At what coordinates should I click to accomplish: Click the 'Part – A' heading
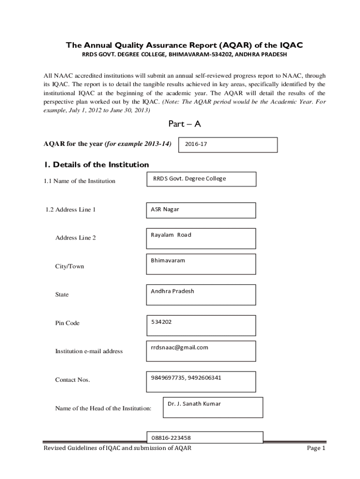[x=184, y=124]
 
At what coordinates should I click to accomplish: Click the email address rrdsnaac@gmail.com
[x=180, y=348]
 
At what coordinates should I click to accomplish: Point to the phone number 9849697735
[x=167, y=378]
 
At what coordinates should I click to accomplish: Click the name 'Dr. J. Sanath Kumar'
[x=194, y=404]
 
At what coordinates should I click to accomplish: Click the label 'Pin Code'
[x=67, y=323]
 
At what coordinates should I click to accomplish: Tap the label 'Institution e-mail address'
[x=89, y=351]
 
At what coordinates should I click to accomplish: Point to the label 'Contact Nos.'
[x=72, y=380]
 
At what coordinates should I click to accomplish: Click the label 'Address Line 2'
[x=75, y=238]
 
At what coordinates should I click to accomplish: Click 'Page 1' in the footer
[x=316, y=449]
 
